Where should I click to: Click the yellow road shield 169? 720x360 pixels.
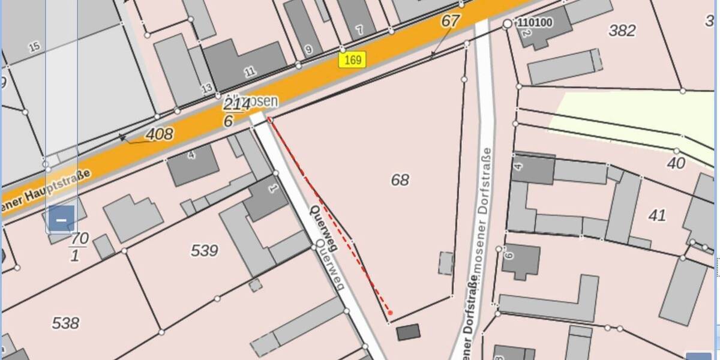point(352,59)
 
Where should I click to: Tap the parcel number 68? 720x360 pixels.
point(400,179)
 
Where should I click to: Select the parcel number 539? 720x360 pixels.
point(204,251)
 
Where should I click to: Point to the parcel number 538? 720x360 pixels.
point(65,323)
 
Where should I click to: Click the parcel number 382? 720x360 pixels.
point(622,31)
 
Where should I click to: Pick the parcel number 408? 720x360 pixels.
point(159,134)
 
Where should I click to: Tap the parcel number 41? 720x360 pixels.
point(658,215)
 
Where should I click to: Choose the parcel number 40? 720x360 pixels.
point(676,163)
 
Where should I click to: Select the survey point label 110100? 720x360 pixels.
point(535,23)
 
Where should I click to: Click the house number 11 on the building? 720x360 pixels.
point(250,71)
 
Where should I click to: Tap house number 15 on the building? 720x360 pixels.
point(34,46)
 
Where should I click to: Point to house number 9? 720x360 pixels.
point(308,50)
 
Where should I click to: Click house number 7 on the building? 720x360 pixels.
point(359,29)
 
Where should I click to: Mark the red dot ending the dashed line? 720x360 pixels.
point(390,313)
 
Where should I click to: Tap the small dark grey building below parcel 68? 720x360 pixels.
point(408,332)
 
